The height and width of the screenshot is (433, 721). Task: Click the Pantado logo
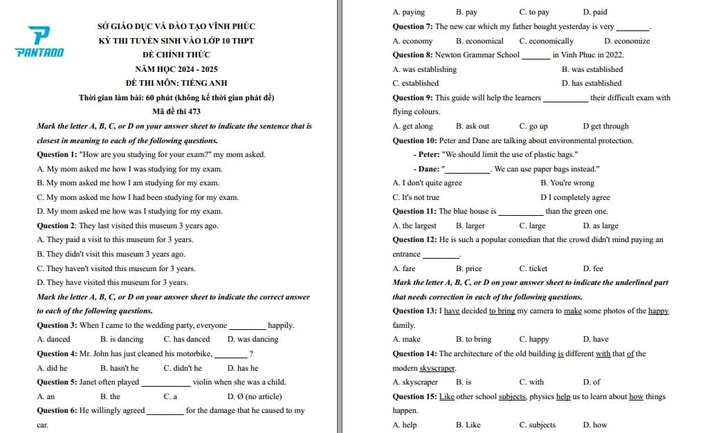pos(39,42)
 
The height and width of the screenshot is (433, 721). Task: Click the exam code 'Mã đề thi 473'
pos(176,112)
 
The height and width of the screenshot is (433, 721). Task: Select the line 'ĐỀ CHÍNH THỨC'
pos(176,55)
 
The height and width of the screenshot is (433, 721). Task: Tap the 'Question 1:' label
pos(57,155)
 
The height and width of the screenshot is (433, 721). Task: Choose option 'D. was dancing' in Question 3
pos(253,340)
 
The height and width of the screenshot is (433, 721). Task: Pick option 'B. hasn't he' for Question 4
pos(119,368)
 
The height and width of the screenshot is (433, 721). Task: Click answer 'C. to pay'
pos(534,12)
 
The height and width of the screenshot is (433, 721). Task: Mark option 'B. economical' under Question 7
pos(480,41)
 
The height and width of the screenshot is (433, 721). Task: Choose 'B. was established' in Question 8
pos(592,69)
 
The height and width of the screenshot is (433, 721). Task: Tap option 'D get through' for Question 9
pos(605,127)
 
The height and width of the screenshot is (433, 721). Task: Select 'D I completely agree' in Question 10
pos(575,198)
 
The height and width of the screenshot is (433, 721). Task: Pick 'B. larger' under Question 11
pos(471,226)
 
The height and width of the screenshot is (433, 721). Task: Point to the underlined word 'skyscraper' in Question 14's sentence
pos(438,368)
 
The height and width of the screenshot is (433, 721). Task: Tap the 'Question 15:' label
pos(414,396)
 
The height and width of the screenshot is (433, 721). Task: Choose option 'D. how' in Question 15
pos(595,425)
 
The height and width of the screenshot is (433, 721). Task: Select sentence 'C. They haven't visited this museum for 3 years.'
pos(116,268)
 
